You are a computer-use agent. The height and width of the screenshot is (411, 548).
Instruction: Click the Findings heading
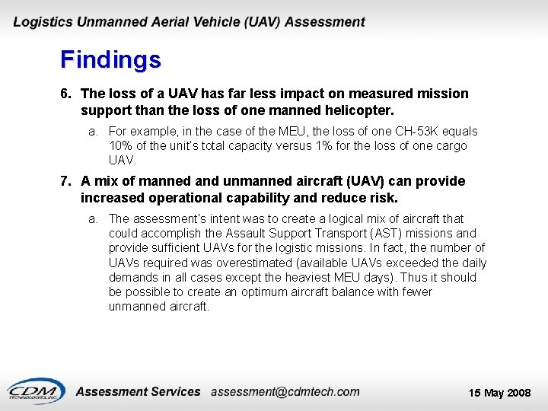point(110,59)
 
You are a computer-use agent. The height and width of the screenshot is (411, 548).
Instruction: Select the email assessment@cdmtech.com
point(285,391)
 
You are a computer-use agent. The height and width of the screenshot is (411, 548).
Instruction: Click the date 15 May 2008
point(499,393)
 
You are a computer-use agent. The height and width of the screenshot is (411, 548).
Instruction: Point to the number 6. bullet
point(66,94)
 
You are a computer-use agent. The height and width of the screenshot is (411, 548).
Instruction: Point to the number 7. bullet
point(66,181)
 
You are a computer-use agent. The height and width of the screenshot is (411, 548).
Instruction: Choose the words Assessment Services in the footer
point(139,391)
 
